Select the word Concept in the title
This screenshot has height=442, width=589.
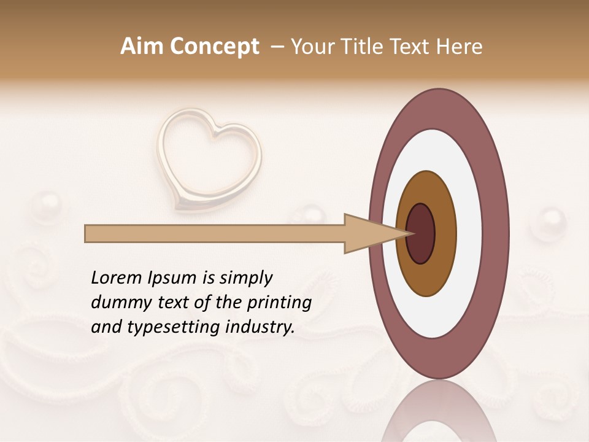[214, 47]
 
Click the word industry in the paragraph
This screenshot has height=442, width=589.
[260, 327]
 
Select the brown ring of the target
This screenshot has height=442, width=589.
[445, 233]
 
